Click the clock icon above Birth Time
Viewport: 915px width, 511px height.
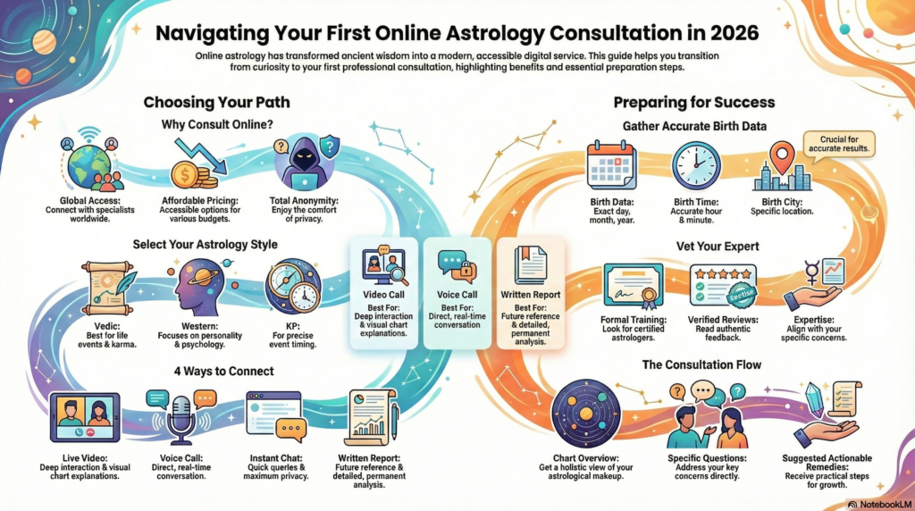point(696,166)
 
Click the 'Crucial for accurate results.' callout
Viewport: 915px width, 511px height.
point(840,143)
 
